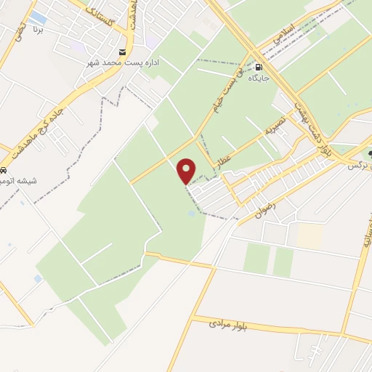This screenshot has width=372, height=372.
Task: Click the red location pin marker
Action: [187, 171]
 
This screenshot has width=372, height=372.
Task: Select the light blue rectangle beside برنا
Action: [39, 17]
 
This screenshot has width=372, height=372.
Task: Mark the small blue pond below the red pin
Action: [190, 214]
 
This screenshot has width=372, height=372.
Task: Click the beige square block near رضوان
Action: [310, 235]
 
